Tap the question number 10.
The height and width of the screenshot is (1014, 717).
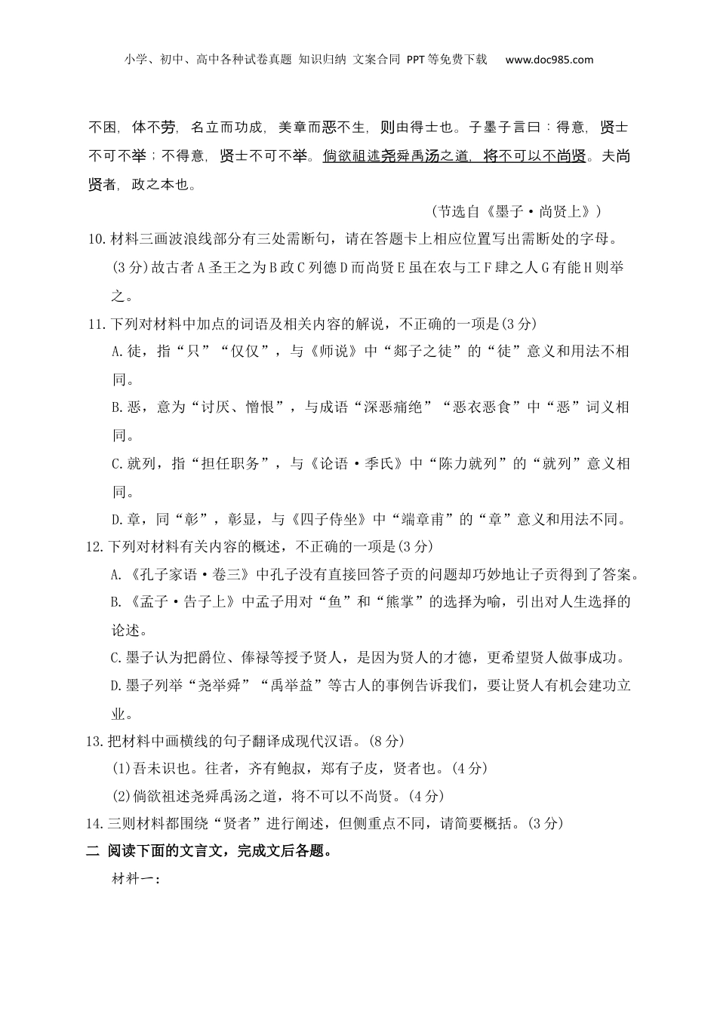coord(97,240)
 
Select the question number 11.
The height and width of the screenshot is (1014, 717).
coord(97,324)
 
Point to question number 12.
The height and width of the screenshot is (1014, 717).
coord(97,546)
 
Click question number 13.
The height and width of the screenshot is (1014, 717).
coord(97,741)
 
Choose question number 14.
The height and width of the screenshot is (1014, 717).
coord(97,824)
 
